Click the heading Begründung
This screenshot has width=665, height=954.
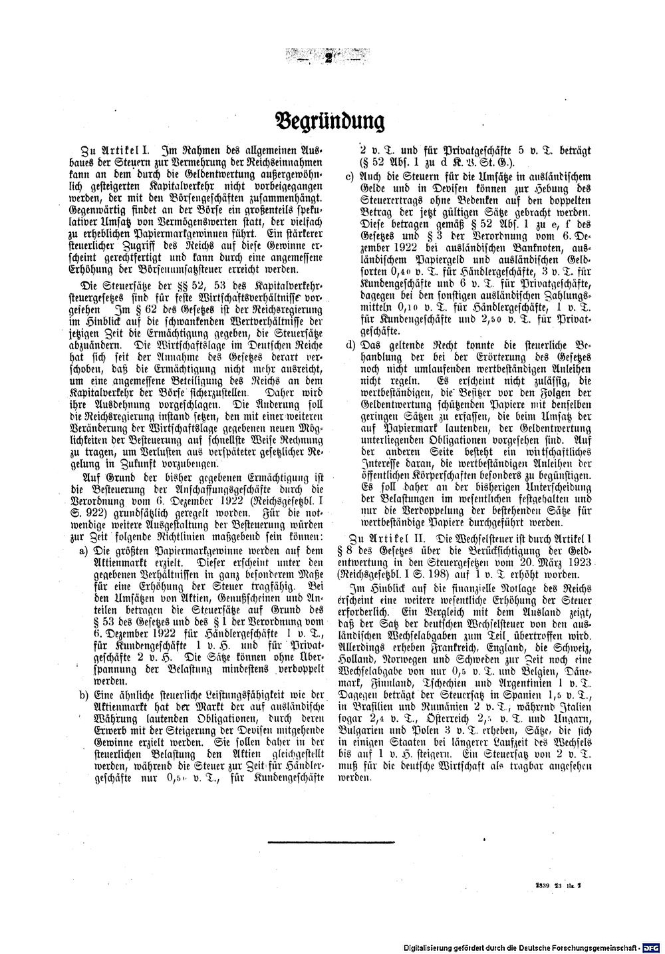tap(330, 121)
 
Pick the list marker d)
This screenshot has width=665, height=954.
tap(350, 345)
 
